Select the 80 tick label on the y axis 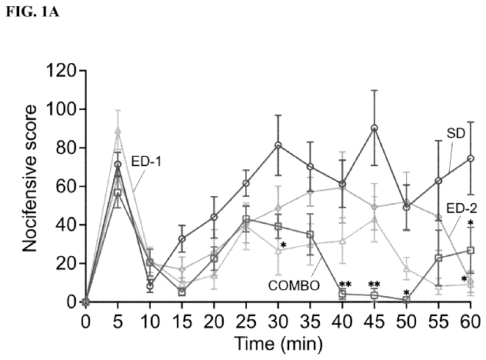pyautogui.click(x=65, y=148)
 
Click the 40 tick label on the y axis pyautogui.click(x=65, y=225)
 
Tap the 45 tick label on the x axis pyautogui.click(x=374, y=318)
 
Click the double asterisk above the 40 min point pyautogui.click(x=345, y=285)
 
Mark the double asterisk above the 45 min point pyautogui.click(x=375, y=285)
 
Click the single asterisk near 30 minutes pyautogui.click(x=283, y=246)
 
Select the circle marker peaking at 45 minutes pyautogui.click(x=374, y=128)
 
